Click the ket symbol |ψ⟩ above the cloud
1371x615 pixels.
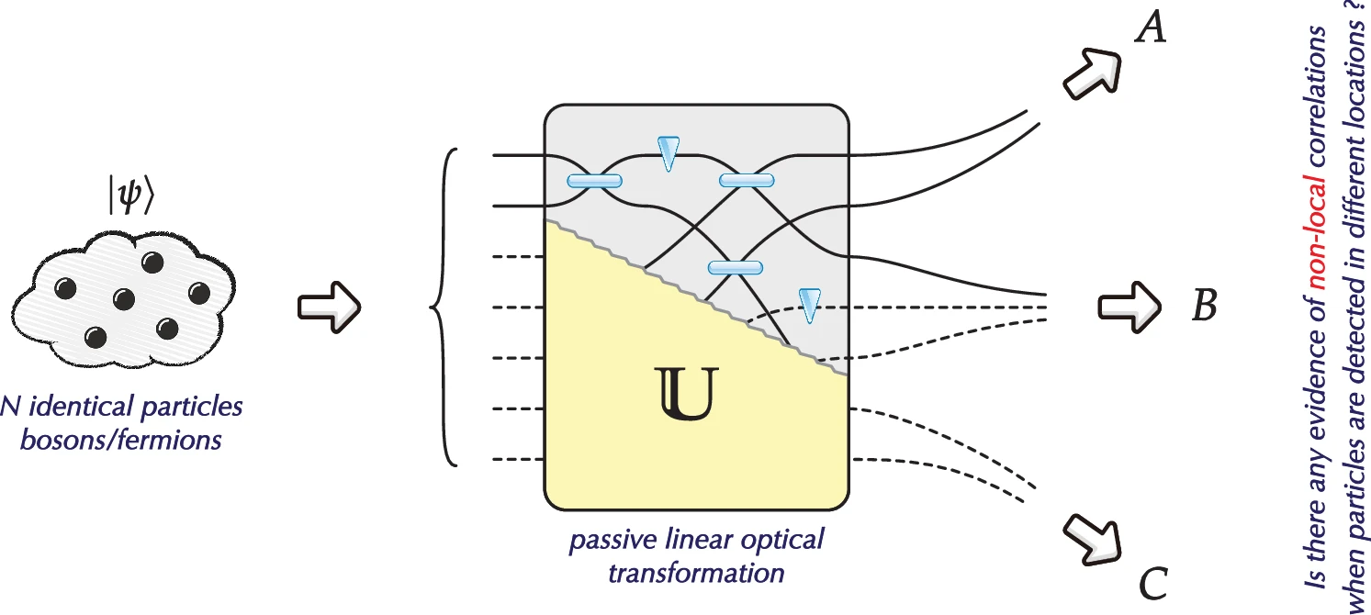(x=125, y=196)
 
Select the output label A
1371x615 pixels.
(x=1151, y=29)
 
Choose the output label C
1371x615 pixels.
(x=1153, y=582)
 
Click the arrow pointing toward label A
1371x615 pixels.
(x=1093, y=73)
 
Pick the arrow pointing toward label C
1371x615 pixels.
(x=1092, y=539)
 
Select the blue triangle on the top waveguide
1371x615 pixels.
(x=668, y=152)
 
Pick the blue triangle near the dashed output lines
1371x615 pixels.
(x=808, y=305)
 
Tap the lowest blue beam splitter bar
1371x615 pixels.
(x=735, y=268)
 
